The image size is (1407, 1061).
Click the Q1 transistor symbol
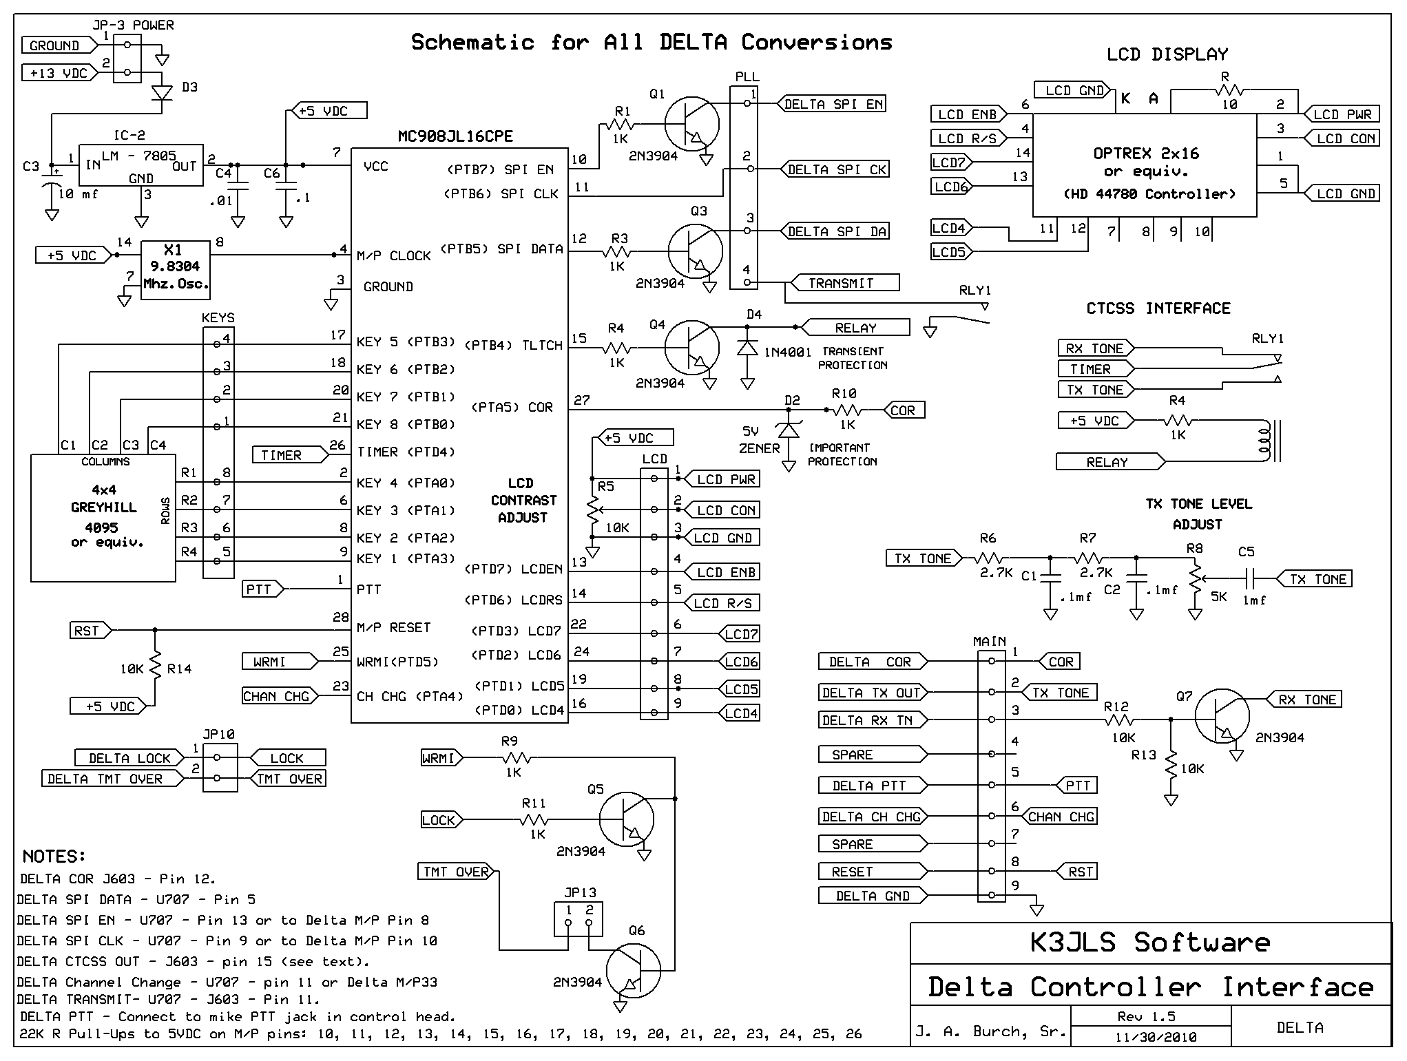click(691, 124)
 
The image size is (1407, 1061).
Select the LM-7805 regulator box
click(141, 165)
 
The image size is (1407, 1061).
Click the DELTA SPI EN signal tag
click(831, 104)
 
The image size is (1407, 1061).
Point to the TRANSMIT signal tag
click(844, 282)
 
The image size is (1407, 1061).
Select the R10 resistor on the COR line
click(847, 410)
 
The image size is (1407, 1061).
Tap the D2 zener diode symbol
click(789, 430)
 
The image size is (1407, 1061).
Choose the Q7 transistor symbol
click(1221, 719)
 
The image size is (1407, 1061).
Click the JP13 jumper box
click(579, 918)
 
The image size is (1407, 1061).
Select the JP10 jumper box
click(220, 767)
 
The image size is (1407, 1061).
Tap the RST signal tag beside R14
click(91, 630)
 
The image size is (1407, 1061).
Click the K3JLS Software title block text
click(1150, 943)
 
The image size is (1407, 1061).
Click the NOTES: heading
click(54, 857)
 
